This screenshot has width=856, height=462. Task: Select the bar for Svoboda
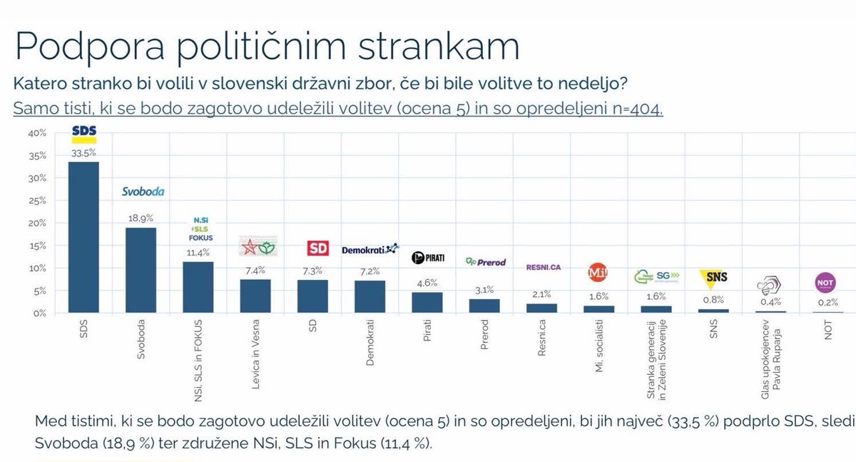pyautogui.click(x=140, y=270)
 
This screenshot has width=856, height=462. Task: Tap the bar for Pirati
pyautogui.click(x=427, y=302)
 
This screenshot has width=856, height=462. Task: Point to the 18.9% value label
pyautogui.click(x=141, y=217)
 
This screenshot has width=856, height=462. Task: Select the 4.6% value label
pyautogui.click(x=427, y=282)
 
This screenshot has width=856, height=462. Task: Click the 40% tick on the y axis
pyautogui.click(x=37, y=134)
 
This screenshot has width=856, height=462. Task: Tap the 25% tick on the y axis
pyautogui.click(x=37, y=201)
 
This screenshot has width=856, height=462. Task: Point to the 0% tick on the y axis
pyautogui.click(x=39, y=313)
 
